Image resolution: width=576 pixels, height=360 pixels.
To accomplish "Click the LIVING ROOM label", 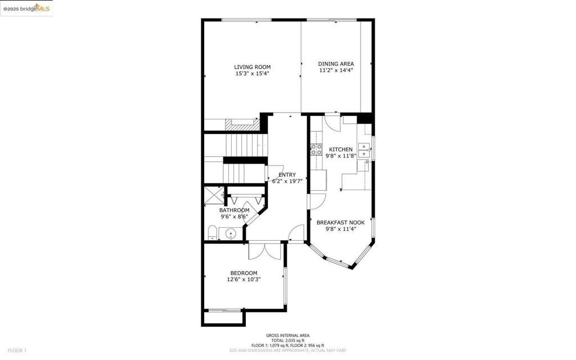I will pyautogui.click(x=252, y=67).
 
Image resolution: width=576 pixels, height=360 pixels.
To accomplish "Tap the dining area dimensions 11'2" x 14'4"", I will pyautogui.click(x=336, y=70).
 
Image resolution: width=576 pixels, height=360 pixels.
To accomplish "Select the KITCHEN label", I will pyautogui.click(x=340, y=149).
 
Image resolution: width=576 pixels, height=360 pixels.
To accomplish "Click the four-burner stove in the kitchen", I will pyautogui.click(x=316, y=150).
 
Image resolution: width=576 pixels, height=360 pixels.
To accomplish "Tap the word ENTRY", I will pyautogui.click(x=287, y=174).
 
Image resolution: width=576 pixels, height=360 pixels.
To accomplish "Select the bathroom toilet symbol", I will pyautogui.click(x=212, y=233).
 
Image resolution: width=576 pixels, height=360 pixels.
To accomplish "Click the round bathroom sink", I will pyautogui.click(x=230, y=233).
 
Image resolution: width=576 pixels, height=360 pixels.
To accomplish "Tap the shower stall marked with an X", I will pyautogui.click(x=214, y=195).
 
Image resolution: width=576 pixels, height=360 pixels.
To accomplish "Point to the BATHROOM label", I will pyautogui.click(x=234, y=210).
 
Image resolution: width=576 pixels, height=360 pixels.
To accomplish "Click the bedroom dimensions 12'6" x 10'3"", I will pyautogui.click(x=244, y=279).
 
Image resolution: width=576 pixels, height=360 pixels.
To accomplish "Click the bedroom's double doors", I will pyautogui.click(x=264, y=250).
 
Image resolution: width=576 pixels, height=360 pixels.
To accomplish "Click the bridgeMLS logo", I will pyautogui.click(x=26, y=8).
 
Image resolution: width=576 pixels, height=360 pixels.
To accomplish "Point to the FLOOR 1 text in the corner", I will pyautogui.click(x=16, y=350).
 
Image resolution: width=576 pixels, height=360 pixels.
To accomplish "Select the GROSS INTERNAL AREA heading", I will pyautogui.click(x=287, y=335).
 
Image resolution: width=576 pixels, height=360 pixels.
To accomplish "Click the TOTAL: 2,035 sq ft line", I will pyautogui.click(x=287, y=340).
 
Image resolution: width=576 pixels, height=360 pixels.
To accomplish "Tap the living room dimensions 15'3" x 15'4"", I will pyautogui.click(x=252, y=73).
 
